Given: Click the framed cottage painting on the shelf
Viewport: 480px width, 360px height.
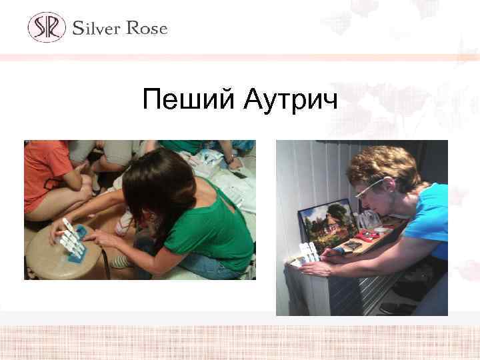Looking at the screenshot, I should pyautogui.click(x=325, y=224).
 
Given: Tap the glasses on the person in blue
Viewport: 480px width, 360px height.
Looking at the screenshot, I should pyautogui.click(x=368, y=185).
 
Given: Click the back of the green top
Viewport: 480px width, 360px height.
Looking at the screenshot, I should pyautogui.click(x=213, y=227).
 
